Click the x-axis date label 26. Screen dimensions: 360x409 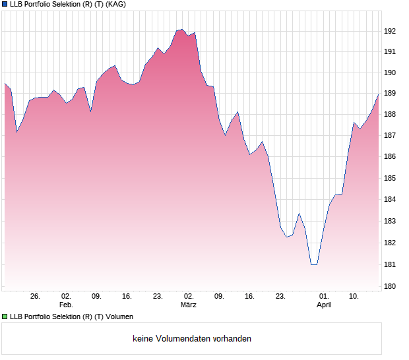point(35,297)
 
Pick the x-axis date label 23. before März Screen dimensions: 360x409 point(158,297)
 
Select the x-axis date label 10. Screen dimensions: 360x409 point(354,297)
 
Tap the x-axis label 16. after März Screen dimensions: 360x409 point(249,297)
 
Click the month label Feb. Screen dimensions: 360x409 point(65,305)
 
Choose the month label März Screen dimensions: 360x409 point(189,305)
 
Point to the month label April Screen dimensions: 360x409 point(323,305)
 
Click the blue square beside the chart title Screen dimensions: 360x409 point(5,5)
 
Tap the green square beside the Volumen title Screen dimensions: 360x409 point(5,317)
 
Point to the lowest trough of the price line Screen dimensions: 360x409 point(313,264)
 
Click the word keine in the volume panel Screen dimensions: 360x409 point(143,339)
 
